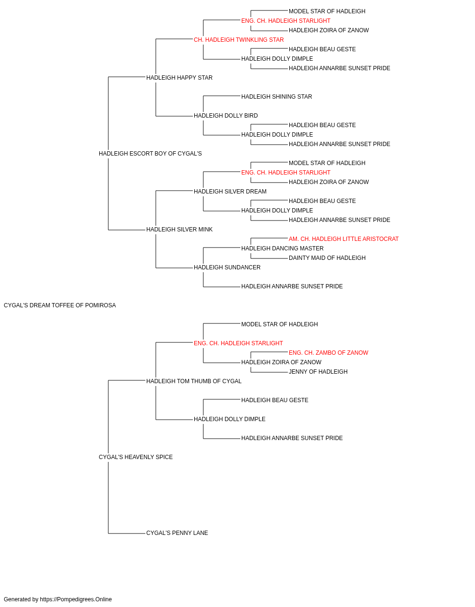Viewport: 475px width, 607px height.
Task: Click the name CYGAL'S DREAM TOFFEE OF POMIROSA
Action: [x=59, y=305]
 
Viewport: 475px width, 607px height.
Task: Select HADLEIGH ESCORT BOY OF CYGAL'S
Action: [x=150, y=154]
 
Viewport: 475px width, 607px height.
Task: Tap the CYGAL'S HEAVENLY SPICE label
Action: [x=136, y=457]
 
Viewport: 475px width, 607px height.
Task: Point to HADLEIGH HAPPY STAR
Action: [x=180, y=78]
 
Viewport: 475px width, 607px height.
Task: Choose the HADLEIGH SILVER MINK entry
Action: [x=180, y=230]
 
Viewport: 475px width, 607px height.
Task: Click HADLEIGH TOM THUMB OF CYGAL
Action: [x=194, y=381]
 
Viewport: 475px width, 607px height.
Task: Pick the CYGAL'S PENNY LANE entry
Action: [x=177, y=533]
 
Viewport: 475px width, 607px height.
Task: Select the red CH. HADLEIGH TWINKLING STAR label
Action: [x=239, y=40]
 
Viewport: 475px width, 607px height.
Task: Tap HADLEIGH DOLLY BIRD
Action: [x=226, y=116]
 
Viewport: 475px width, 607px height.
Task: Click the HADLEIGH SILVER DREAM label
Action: [x=230, y=191]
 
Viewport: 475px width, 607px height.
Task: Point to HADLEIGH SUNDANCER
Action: [x=227, y=267]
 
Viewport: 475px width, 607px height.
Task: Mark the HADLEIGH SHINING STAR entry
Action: [x=276, y=97]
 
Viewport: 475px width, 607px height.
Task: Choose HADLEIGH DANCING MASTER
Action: [x=283, y=248]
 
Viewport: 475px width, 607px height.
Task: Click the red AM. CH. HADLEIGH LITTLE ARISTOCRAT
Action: [x=344, y=239]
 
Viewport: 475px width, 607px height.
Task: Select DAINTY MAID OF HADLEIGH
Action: [x=327, y=258]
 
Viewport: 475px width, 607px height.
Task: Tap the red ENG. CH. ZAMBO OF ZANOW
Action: [x=329, y=353]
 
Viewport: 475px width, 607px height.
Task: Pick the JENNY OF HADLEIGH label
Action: [x=318, y=372]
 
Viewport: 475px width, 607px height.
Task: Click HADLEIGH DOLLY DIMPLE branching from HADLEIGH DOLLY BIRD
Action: [x=277, y=135]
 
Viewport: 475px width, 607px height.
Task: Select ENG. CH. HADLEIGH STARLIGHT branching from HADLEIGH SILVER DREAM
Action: [x=286, y=173]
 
